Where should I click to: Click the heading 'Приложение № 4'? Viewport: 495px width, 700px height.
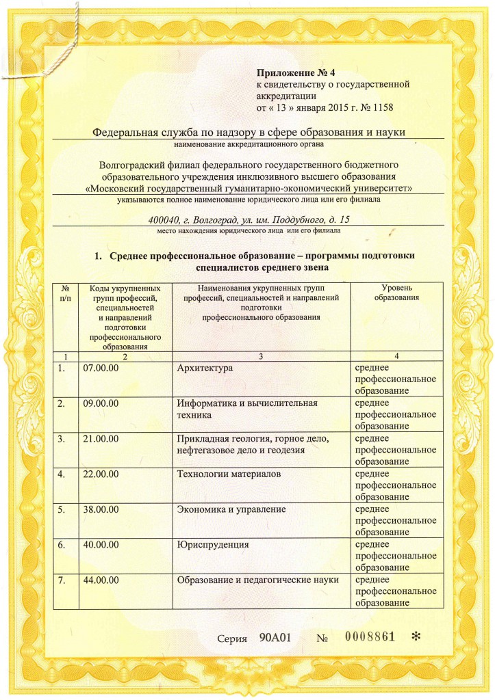(x=297, y=72)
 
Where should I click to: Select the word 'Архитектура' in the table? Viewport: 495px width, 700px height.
(x=205, y=369)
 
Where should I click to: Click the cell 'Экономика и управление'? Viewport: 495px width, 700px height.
(x=231, y=509)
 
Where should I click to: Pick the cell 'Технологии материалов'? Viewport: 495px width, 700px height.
(x=229, y=474)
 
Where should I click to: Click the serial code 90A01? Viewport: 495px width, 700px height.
(x=276, y=638)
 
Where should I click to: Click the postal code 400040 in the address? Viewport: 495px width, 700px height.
(x=164, y=220)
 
